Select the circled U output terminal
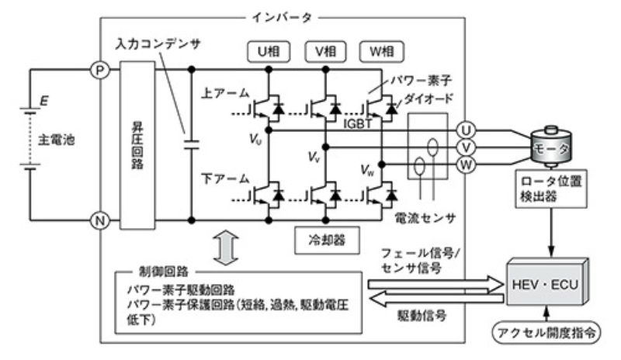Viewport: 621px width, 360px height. [x=467, y=129]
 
